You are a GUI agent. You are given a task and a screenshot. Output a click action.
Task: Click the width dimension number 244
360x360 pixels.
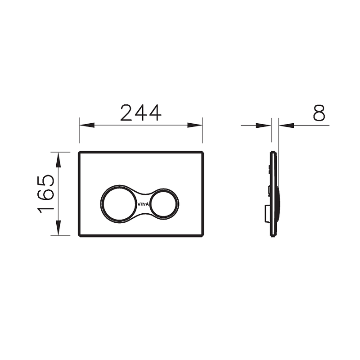(x=140, y=113)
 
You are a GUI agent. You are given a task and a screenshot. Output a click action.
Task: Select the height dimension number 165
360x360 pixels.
(x=46, y=193)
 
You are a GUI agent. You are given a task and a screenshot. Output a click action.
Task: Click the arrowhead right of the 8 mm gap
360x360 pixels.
(x=286, y=125)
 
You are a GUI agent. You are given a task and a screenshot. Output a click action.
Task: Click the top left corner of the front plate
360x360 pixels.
(x=80, y=152)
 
